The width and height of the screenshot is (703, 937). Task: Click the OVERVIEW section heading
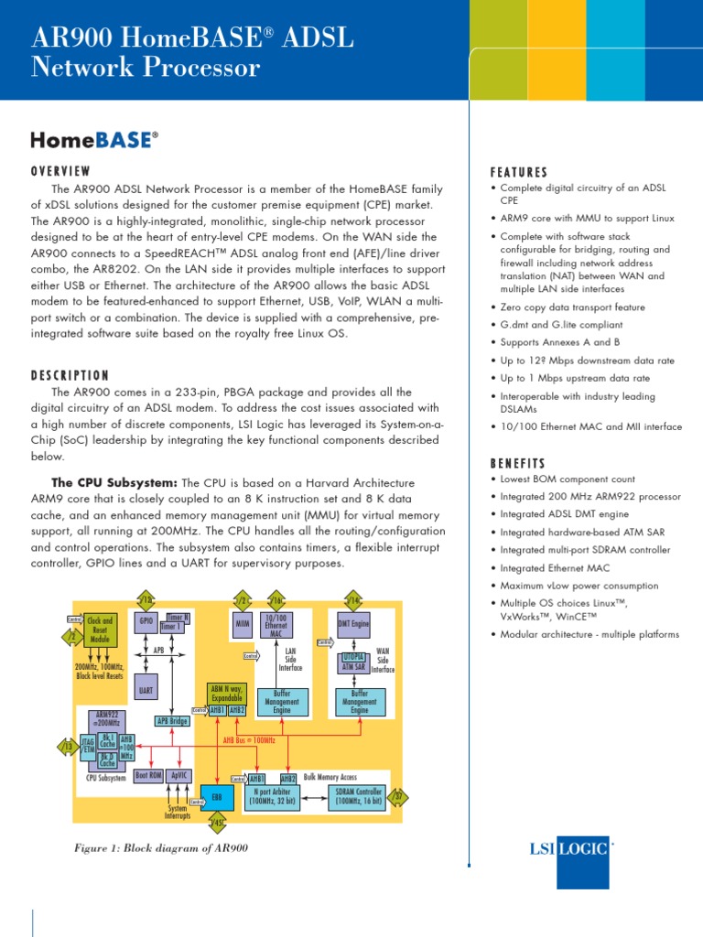[61, 171]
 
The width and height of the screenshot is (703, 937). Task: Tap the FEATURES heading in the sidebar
[519, 172]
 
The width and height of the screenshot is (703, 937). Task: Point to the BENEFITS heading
[518, 463]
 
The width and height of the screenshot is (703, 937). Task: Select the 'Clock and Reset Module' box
[100, 630]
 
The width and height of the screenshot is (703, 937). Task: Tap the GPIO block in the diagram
[146, 620]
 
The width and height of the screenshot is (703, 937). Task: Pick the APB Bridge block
[172, 720]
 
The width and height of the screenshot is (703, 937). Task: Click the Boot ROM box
[148, 775]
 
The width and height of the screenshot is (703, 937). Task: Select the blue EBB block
[216, 796]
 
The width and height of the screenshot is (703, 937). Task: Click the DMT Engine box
[353, 623]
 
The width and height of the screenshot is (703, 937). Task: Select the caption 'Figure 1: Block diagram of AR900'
[160, 847]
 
